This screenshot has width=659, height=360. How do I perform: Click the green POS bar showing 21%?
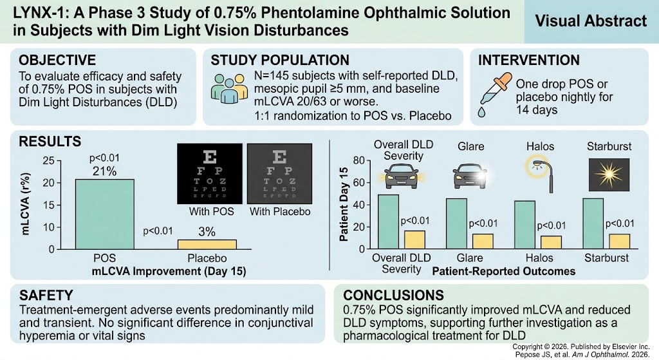(x=105, y=214)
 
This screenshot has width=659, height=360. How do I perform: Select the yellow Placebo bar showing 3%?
(x=207, y=244)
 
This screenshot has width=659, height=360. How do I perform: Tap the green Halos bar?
(x=525, y=225)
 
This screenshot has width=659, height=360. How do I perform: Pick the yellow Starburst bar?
(x=620, y=242)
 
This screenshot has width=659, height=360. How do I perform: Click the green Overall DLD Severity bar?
(x=388, y=222)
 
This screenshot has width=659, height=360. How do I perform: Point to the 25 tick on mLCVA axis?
(x=49, y=160)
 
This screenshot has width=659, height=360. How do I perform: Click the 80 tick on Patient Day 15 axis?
(x=358, y=160)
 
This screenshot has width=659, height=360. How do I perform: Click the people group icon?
(x=229, y=88)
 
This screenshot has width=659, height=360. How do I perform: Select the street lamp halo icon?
(x=541, y=175)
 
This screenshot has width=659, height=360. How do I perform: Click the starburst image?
(x=609, y=175)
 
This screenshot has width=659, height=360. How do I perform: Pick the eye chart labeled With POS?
(x=210, y=174)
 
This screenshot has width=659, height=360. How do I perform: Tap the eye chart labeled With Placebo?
(x=279, y=174)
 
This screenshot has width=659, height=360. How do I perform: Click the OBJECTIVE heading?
(x=57, y=60)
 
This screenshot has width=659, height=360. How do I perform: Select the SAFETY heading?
(x=46, y=295)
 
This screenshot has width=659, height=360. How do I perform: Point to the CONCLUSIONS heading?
(x=393, y=295)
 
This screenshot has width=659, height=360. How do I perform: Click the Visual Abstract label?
(x=591, y=21)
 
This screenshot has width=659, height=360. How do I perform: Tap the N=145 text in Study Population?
(x=272, y=76)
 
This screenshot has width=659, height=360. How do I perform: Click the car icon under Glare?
(x=470, y=175)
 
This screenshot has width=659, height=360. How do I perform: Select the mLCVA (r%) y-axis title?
(x=25, y=204)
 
